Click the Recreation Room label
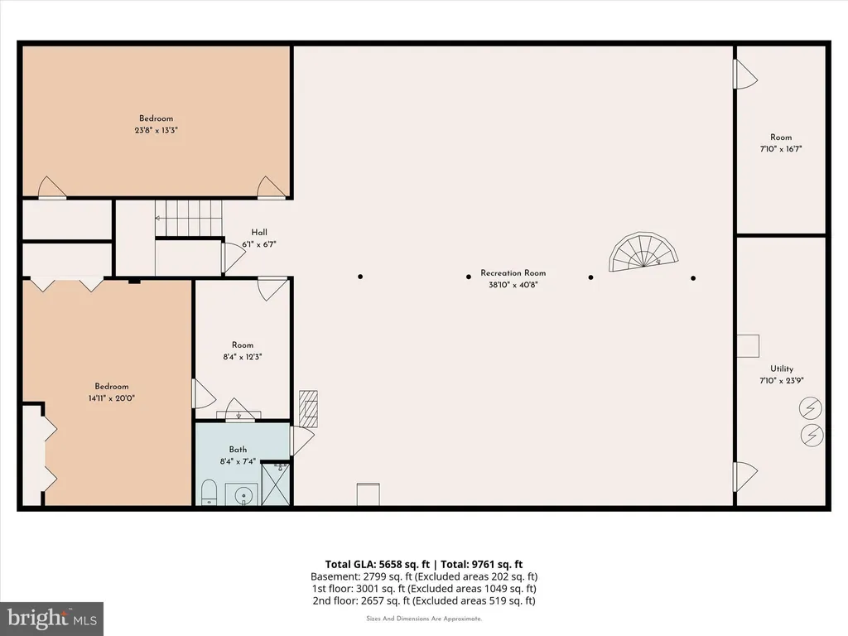coord(513,273)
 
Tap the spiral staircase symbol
coord(643,252)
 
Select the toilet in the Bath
coord(209,493)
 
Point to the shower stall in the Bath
coord(276,484)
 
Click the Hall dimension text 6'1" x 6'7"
coord(259,244)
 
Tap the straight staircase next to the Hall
coord(189,219)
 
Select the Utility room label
coord(782,369)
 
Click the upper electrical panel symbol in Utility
coord(811,409)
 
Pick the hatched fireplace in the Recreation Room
coord(308,408)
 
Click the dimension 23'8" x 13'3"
coord(157,130)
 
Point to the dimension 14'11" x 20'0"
coord(112,398)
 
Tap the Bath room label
coord(238,450)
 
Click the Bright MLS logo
coord(52,619)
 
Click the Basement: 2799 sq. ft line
coord(424,576)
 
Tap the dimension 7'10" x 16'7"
coord(781,149)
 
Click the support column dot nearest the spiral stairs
coord(693,278)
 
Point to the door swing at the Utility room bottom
coord(745,476)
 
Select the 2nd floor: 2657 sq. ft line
coord(424,600)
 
